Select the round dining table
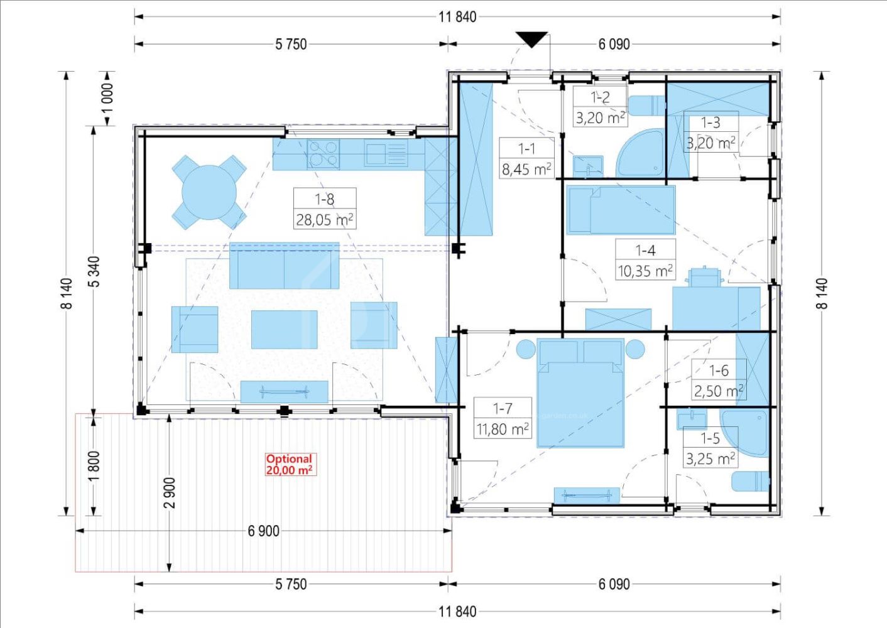coord(209,192)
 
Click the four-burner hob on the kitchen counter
coord(324,154)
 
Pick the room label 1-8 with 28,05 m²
coord(325,208)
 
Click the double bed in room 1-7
coord(580,393)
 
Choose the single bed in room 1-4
coord(621,210)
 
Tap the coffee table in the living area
coord(285,330)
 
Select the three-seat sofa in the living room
coord(285,266)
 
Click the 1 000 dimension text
coord(107,99)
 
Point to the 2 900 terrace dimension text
coord(169,493)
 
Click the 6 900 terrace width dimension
coord(264,531)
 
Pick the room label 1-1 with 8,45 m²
coord(526,159)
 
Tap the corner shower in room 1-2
coord(640,153)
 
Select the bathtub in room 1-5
coord(745,433)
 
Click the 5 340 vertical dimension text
coord(95,272)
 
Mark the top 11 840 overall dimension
coord(457,17)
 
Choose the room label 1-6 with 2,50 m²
coord(718,381)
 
